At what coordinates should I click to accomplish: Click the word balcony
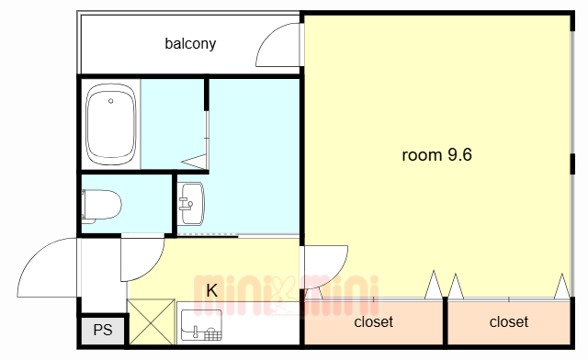tap(190, 44)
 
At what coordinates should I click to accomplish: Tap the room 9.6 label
tap(437, 155)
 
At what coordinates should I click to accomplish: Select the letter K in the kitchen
tap(212, 290)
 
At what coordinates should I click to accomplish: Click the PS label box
tap(103, 330)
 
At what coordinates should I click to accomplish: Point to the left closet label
tap(374, 321)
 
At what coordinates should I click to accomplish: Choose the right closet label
tap(509, 321)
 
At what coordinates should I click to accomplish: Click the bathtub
tap(110, 124)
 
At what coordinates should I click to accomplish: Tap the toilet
tap(101, 206)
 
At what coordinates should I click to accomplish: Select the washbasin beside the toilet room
tap(191, 204)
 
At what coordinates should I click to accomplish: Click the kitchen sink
tap(201, 325)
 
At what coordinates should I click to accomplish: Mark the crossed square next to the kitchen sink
tap(152, 321)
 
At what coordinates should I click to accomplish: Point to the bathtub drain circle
tap(110, 101)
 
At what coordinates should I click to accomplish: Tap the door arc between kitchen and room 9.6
tap(339, 272)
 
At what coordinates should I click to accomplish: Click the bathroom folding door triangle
tap(195, 162)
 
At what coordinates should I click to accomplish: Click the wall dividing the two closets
tap(445, 321)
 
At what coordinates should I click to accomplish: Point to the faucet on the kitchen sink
tap(196, 332)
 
